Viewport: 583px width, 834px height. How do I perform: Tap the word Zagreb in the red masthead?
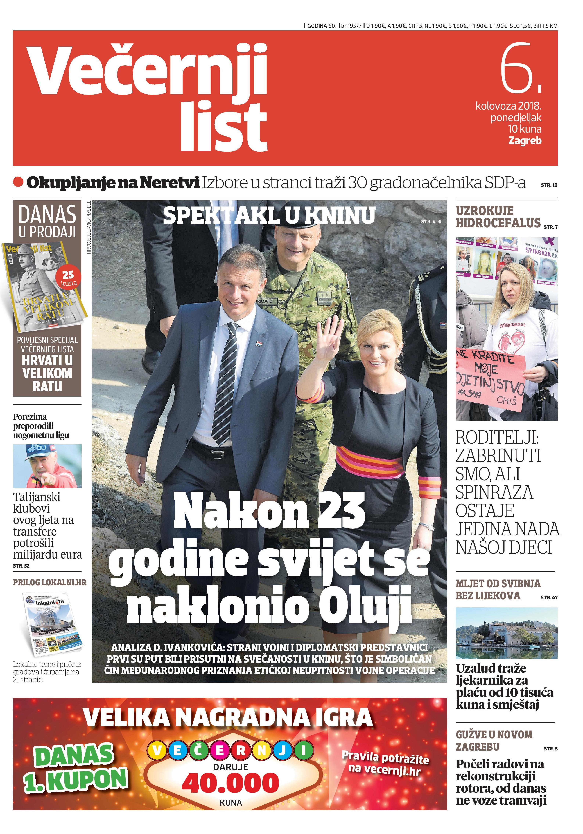(x=525, y=141)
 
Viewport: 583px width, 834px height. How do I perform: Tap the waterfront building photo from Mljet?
(x=506, y=633)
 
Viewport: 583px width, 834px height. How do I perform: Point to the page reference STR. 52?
(x=21, y=565)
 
